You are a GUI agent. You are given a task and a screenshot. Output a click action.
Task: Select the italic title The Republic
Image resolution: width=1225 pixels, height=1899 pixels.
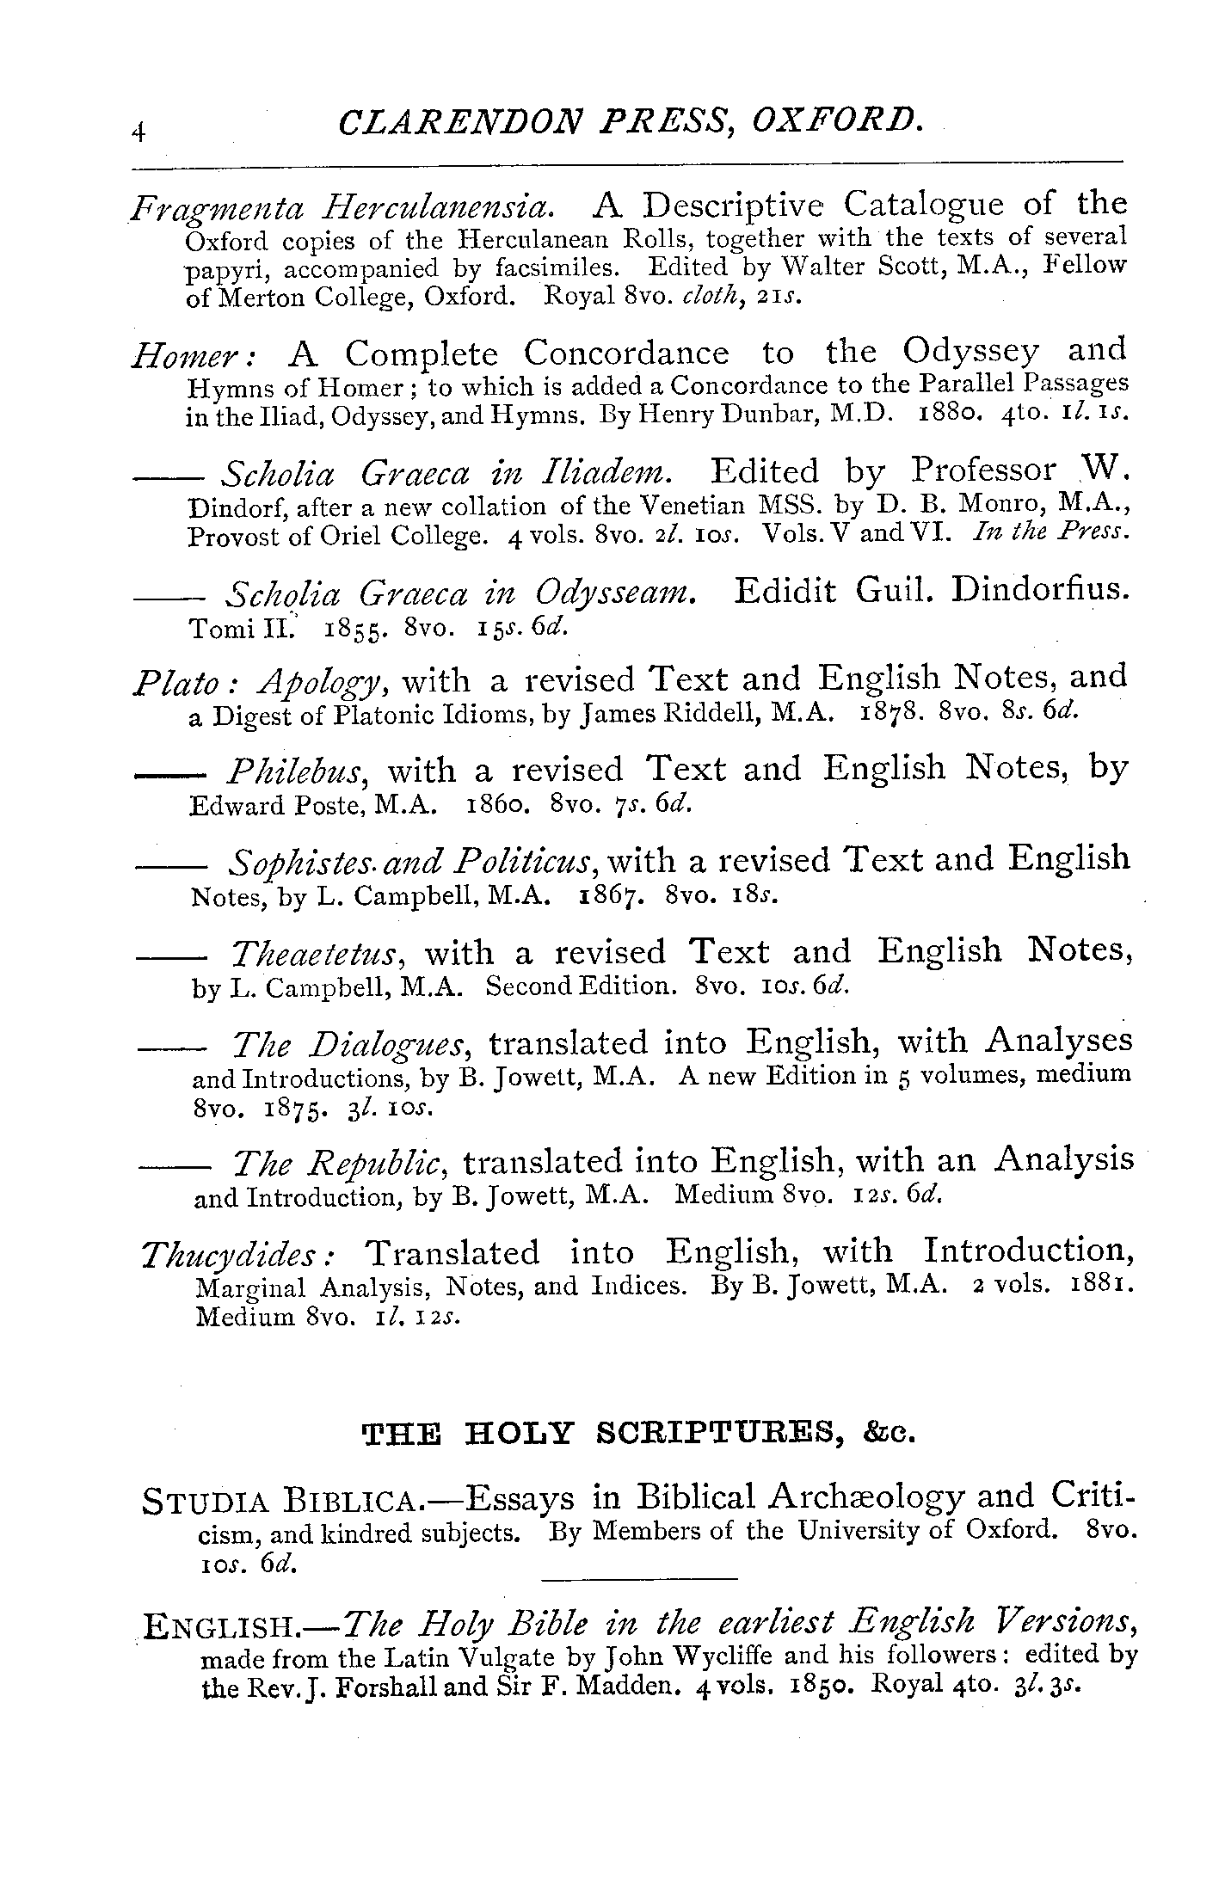pyautogui.click(x=342, y=1164)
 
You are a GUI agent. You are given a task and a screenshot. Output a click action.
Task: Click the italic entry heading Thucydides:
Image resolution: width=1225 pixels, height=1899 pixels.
pyautogui.click(x=239, y=1257)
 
